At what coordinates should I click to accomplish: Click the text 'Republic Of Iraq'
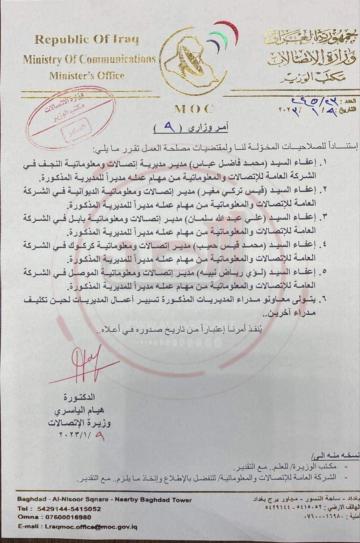87,40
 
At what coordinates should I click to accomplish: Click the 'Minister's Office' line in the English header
87,76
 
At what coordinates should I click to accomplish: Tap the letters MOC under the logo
194,109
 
